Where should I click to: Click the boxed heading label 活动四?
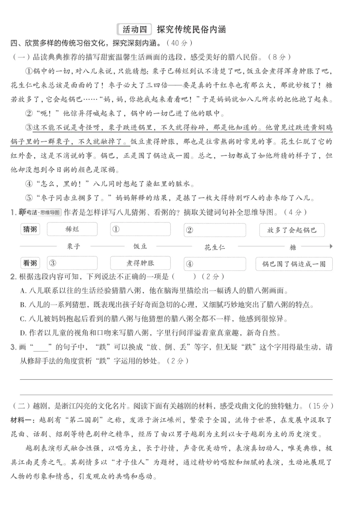point(134,29)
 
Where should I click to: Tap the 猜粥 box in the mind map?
point(30,229)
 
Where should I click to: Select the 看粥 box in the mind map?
point(30,263)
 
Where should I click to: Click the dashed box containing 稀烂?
point(72,229)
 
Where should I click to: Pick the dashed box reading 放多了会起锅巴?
point(292,230)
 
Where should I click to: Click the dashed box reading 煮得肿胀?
point(140,263)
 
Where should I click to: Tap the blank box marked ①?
point(140,229)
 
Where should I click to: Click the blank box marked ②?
point(215,230)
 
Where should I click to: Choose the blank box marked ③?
point(72,263)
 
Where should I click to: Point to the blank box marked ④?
point(215,264)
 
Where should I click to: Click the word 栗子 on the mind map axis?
point(73,246)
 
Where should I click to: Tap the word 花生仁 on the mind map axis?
point(215,247)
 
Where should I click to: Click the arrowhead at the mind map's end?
point(331,246)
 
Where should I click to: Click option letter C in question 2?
point(23,319)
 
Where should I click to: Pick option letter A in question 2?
point(23,291)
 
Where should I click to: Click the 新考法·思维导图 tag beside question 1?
point(40,212)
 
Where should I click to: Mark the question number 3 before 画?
point(13,347)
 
